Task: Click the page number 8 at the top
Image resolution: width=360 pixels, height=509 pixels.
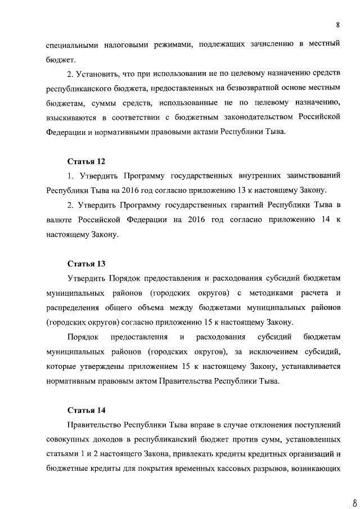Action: tap(337, 25)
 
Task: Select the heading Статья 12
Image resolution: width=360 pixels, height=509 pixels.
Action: tap(86, 161)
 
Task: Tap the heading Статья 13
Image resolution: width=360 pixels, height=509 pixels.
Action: tap(86, 263)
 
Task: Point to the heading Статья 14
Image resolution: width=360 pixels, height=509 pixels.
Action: tap(86, 409)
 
